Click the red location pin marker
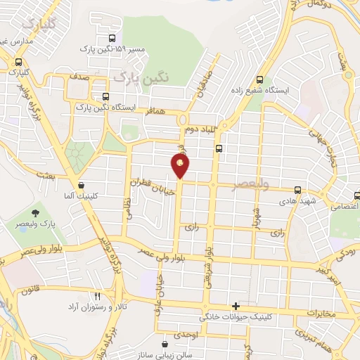click(x=180, y=166)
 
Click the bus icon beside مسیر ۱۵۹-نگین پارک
click(x=112, y=39)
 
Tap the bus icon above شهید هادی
click(x=299, y=190)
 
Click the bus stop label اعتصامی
click(x=342, y=207)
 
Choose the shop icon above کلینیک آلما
click(x=82, y=184)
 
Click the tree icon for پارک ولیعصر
click(x=34, y=213)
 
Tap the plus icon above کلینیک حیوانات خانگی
click(x=236, y=306)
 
